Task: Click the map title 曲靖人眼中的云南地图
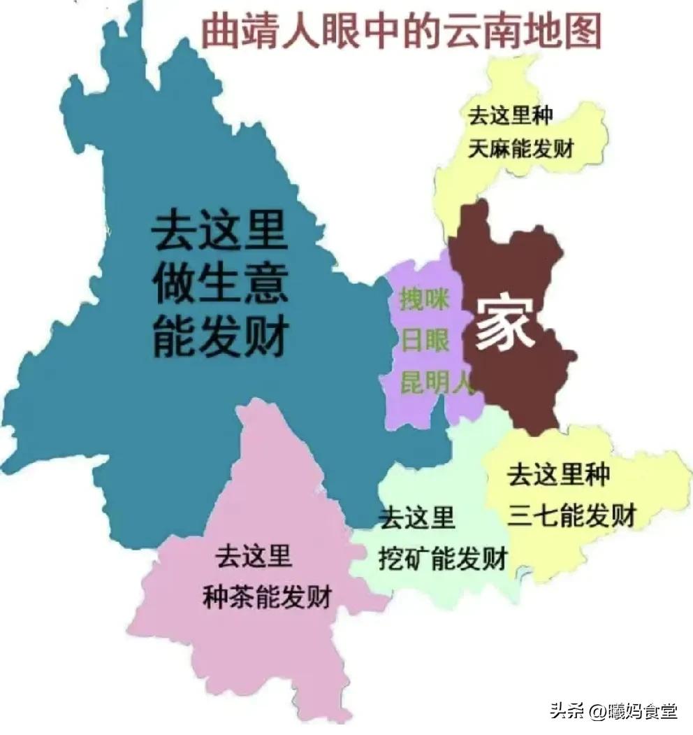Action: coord(401,31)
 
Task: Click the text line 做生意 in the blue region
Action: coord(220,283)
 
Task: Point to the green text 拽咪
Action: coord(424,299)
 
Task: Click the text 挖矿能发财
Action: coord(443,559)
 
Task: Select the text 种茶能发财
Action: coord(266,598)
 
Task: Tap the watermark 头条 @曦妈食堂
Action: coord(612,712)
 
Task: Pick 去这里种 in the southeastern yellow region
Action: coord(559,476)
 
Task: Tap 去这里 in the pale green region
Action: coord(417,518)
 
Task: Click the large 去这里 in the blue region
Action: coord(220,231)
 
